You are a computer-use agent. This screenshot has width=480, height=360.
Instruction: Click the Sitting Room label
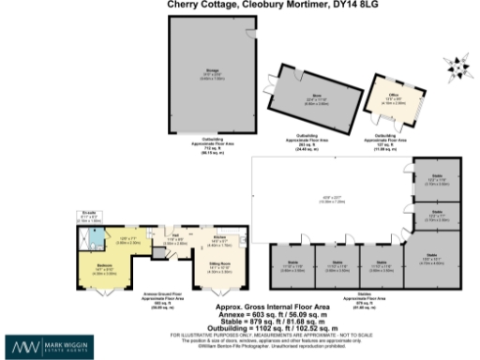point(219,266)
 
